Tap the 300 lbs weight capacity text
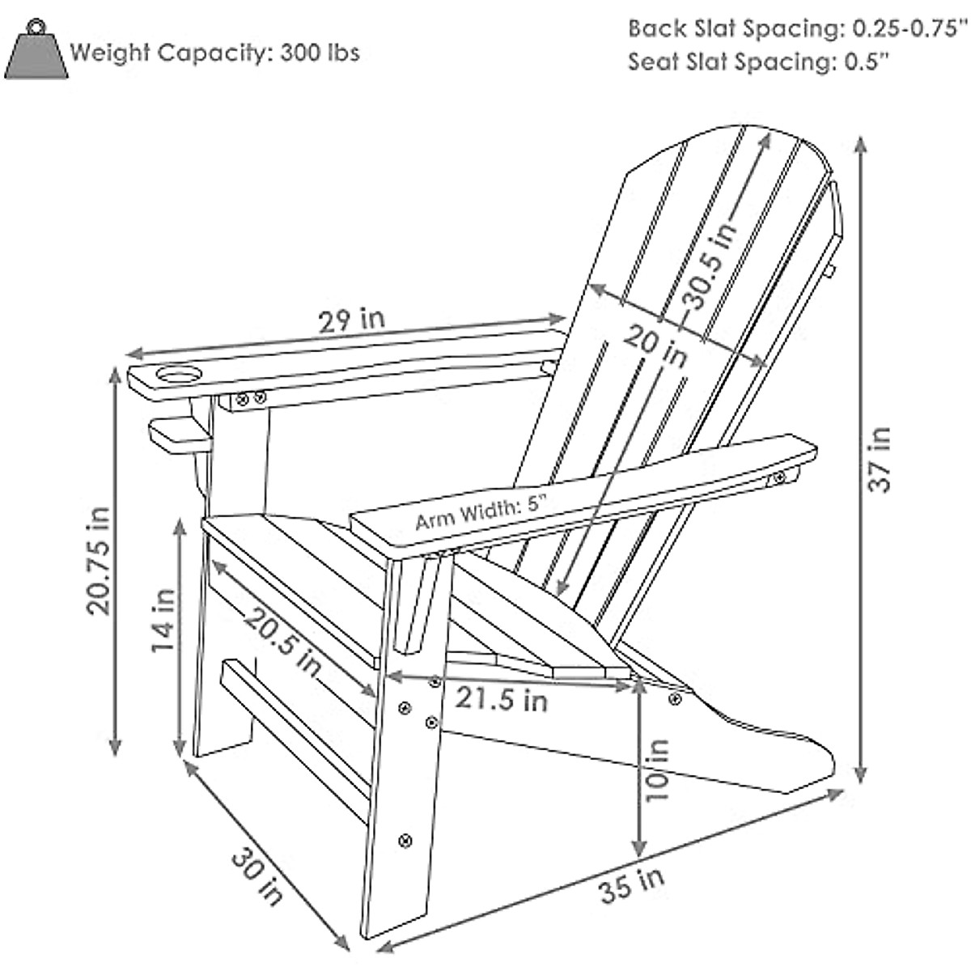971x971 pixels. pos(215,53)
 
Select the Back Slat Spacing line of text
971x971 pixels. pos(798,28)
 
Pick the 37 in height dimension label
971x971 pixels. pos(880,459)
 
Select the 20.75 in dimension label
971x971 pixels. pos(100,560)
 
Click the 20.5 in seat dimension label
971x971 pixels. pos(284,642)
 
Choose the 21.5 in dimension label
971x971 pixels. pos(499,698)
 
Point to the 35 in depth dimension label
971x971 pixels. pos(632,884)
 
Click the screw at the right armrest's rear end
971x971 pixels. pos(778,478)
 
